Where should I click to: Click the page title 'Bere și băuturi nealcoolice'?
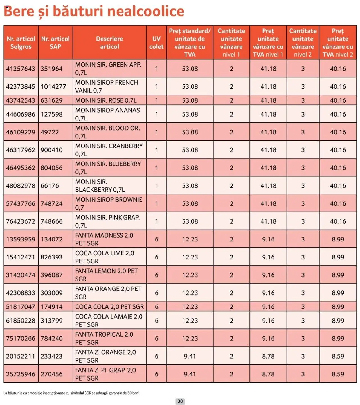94,12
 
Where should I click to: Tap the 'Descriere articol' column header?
109,43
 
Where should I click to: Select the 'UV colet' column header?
156,43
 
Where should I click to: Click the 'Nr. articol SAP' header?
55,43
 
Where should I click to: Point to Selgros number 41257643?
21,69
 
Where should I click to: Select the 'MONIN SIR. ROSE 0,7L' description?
106,100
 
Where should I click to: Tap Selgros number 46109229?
21,132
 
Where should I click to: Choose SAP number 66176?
50,186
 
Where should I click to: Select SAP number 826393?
51,257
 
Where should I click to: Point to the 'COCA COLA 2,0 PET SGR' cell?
109,307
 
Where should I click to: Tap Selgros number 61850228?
21,321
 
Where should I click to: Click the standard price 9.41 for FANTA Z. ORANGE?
190,356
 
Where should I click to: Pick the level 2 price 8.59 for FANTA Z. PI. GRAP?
338,374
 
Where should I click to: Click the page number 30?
180,401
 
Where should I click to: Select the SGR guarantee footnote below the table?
72,393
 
